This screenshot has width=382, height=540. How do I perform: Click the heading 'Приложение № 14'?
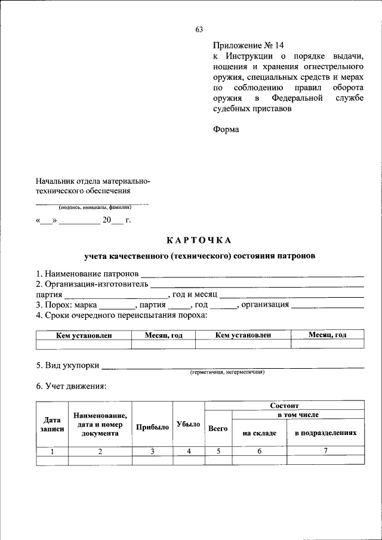[x=249, y=45]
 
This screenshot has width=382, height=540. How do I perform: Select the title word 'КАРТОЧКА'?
[x=198, y=240]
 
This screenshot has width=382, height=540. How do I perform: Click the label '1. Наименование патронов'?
[x=87, y=273]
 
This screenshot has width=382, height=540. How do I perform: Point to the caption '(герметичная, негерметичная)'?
[x=227, y=372]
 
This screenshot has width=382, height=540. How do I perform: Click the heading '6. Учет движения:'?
[x=71, y=386]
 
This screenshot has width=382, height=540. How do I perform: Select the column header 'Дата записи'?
[x=52, y=424]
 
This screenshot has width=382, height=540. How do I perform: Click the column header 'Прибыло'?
[x=152, y=427]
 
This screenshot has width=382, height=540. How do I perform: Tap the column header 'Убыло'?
[x=189, y=424]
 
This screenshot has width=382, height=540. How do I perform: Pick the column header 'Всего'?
[x=218, y=428]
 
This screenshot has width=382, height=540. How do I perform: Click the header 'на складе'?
[x=260, y=433]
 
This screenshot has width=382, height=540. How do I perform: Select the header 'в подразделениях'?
[x=325, y=433]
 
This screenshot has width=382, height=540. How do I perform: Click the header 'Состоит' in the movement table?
[x=284, y=405]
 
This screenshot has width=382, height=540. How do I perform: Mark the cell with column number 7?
[x=325, y=451]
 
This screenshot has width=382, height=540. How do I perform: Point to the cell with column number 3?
[x=152, y=451]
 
